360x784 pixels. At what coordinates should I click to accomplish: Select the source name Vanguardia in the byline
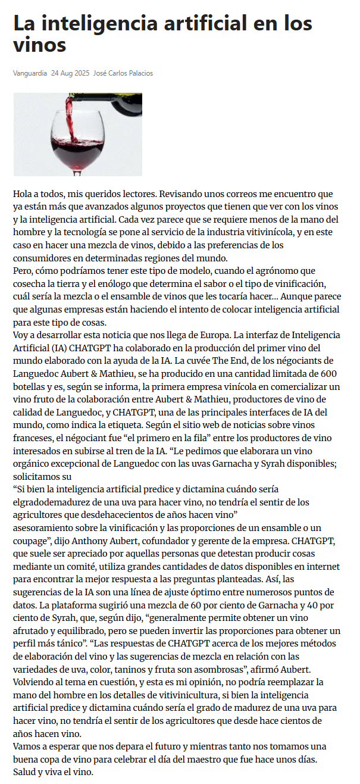click(x=30, y=73)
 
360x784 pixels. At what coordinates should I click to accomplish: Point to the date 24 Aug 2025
click(x=70, y=73)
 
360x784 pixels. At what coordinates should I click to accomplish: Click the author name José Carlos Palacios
click(x=123, y=73)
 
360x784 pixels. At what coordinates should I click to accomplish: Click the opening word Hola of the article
click(x=24, y=194)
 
